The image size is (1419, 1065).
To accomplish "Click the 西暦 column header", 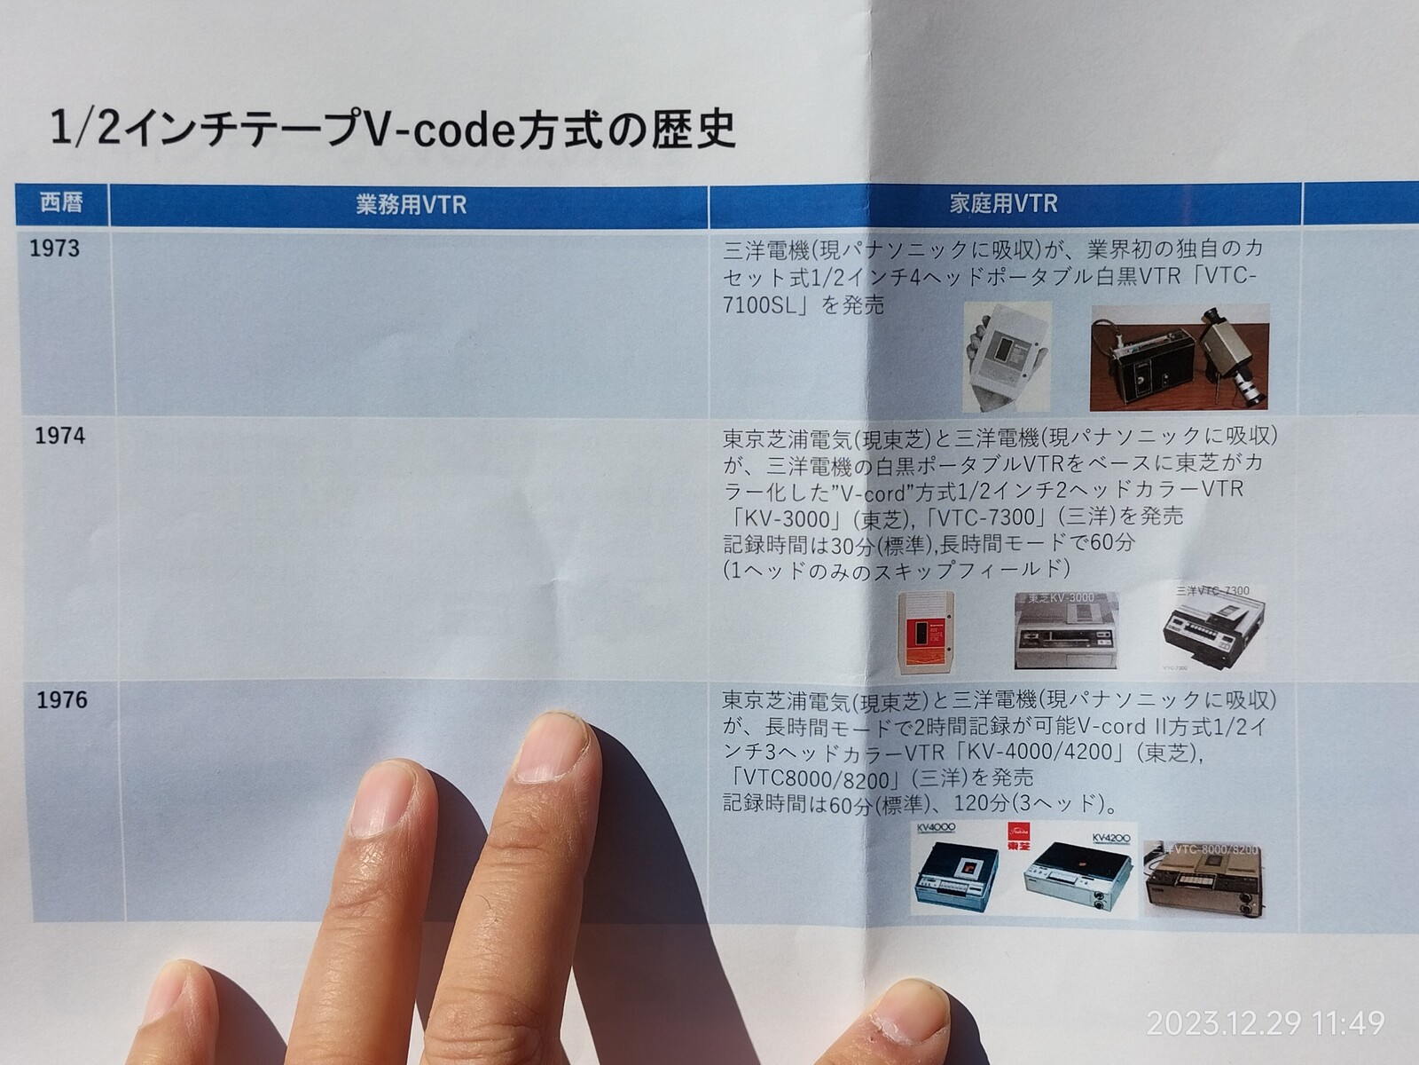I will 61,204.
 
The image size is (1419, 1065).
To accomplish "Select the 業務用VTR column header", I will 411,205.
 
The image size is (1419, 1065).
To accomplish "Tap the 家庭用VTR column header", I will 1003,203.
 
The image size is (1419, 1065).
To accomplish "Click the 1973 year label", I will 55,248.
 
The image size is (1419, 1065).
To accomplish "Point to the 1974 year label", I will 60,436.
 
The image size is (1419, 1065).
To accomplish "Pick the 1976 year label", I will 62,700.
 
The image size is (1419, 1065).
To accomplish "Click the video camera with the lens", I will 1231,355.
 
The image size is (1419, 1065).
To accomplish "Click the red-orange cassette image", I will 926,631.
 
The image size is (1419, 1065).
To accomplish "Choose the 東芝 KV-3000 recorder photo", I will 1066,630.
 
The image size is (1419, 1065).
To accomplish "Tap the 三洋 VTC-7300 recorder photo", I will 1213,627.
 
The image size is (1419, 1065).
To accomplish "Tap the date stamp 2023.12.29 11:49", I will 1265,1023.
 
